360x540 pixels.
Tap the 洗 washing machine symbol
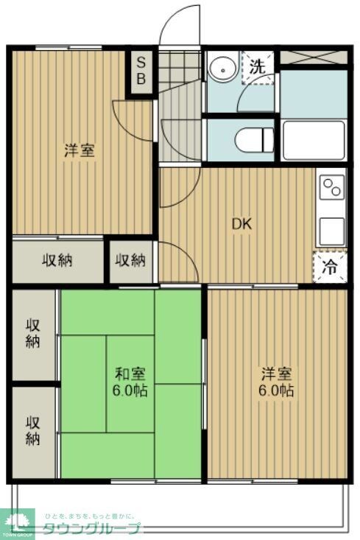[x=257, y=66]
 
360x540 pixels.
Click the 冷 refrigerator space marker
[x=331, y=267]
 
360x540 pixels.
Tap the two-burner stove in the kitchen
[x=332, y=187]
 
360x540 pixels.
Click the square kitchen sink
[x=331, y=231]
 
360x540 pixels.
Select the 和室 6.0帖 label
[x=131, y=382]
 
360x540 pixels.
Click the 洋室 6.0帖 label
[x=278, y=382]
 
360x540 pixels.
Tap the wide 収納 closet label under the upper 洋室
[x=57, y=260]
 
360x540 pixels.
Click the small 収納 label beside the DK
[x=131, y=260]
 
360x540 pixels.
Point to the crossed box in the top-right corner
[x=313, y=57]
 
